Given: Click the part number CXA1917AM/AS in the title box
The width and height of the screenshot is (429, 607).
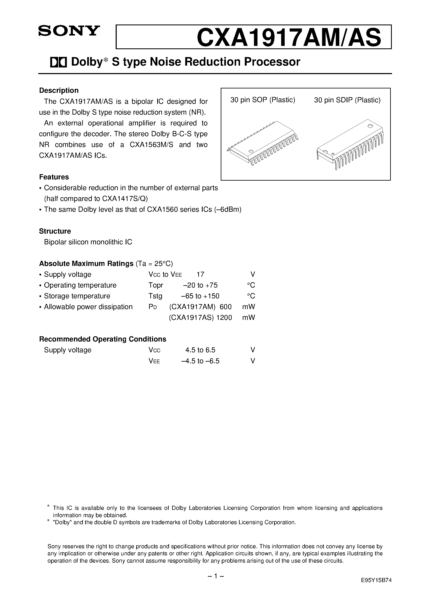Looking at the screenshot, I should coord(289,38).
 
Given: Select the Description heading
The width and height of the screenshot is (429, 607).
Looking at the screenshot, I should coord(59,91).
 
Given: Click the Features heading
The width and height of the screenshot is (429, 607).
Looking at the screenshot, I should coord(54,177).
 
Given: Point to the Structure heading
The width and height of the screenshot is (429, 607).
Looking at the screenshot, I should coord(55,231).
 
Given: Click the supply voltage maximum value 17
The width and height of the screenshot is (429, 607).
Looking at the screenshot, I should coord(200,274).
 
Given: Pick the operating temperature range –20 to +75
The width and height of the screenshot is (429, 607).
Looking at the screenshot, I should coord(200,285).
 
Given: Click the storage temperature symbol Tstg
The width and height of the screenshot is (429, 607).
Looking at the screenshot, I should coord(155,296).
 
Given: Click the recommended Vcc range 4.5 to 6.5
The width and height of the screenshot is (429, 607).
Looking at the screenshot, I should coord(200,350).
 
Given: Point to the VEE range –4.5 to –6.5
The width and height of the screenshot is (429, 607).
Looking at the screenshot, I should coord(200,361).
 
